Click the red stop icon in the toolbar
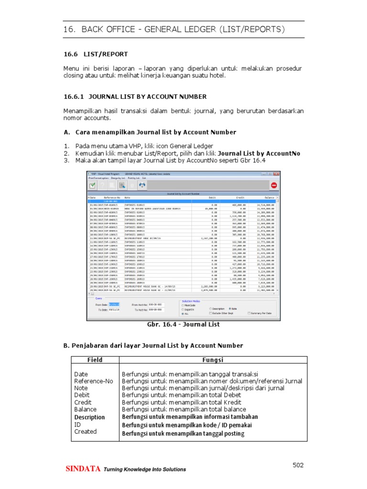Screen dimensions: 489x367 (274, 185)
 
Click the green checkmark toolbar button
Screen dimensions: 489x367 (93, 185)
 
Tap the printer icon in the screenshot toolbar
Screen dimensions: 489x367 (122, 185)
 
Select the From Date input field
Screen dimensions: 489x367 (115, 304)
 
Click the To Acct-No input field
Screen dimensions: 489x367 (156, 310)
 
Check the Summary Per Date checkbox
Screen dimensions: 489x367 (249, 313)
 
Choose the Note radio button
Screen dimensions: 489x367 (230, 308)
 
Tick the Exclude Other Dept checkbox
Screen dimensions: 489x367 (211, 313)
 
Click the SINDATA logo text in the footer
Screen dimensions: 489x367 (83, 469)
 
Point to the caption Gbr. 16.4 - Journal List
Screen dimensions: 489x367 (184, 325)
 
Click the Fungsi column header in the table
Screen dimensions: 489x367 (213, 360)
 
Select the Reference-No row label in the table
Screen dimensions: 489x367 (94, 381)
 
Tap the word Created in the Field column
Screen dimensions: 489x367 (86, 432)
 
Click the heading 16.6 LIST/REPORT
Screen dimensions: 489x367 (96, 54)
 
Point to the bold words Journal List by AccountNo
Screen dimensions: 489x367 (259, 153)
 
